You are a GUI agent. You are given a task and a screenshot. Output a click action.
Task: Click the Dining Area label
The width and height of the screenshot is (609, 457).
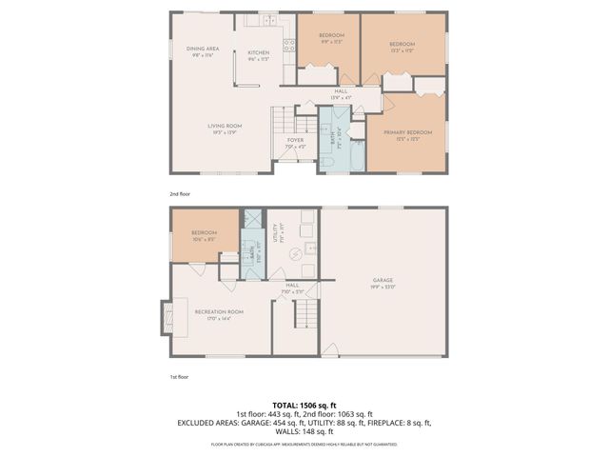click(x=204, y=50)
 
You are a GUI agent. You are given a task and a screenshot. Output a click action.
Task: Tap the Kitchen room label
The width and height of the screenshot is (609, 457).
click(x=259, y=53)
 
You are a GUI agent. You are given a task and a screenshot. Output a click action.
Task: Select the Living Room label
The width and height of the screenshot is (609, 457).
click(x=226, y=127)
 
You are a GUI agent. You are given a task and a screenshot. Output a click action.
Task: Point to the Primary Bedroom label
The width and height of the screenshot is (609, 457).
click(x=407, y=133)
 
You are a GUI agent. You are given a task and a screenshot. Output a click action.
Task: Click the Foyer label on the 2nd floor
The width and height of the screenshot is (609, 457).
click(x=296, y=142)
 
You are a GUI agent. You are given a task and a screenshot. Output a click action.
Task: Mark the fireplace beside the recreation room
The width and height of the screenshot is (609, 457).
click(x=167, y=318)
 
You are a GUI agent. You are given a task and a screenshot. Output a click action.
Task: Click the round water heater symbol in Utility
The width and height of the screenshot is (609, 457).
click(x=295, y=253)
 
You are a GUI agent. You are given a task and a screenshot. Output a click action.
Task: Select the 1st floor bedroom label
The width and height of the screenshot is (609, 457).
click(x=204, y=234)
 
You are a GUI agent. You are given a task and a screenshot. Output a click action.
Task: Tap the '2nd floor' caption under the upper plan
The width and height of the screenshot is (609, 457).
click(x=181, y=193)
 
